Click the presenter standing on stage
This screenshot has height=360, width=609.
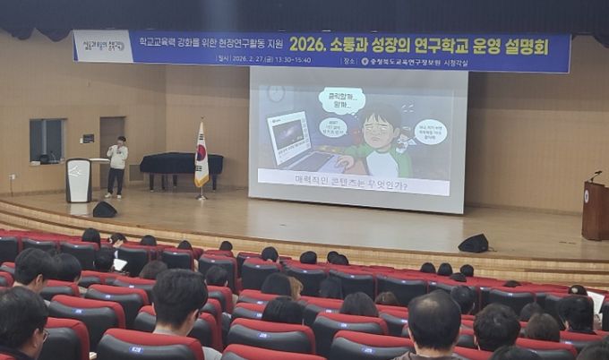coord(116,165)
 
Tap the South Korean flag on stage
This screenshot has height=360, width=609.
coord(202,158)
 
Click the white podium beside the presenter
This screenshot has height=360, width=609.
coord(79,179)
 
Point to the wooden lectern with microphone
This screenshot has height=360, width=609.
coord(594,210)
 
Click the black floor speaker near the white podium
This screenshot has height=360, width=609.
coord(105,210)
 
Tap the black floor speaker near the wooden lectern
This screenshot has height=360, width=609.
coord(473,243)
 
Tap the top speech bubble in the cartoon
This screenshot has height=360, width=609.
coord(341,99)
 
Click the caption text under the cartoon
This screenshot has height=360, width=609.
coord(350,185)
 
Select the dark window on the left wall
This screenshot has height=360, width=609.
coord(47,141)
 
